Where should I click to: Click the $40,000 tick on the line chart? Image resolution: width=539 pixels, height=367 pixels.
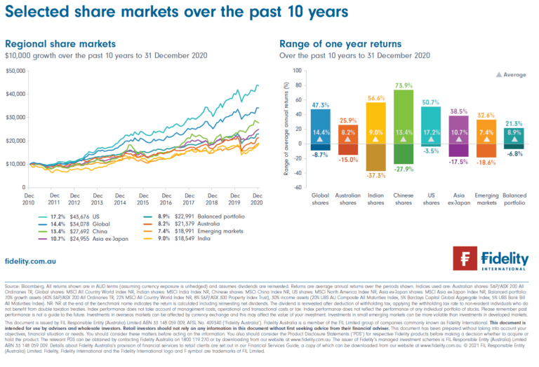point(15,94)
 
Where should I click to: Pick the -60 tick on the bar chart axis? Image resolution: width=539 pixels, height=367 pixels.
point(296,188)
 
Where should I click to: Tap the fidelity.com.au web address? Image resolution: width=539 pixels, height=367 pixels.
point(30,260)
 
